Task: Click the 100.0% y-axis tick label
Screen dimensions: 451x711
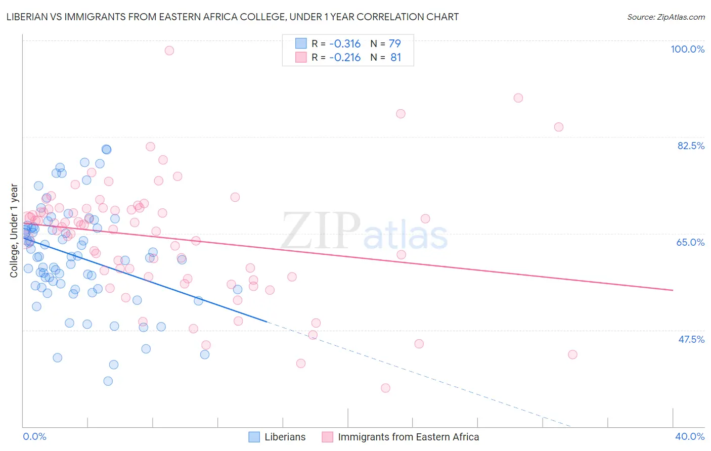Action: [687, 49]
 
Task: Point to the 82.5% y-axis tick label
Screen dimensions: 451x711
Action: [691, 146]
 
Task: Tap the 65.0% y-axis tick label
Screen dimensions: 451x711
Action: [690, 242]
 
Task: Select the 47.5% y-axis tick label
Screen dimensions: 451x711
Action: [691, 339]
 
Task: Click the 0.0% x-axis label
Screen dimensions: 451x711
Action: [34, 436]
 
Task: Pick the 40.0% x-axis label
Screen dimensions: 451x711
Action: [690, 436]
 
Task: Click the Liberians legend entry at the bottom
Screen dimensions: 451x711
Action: [285, 437]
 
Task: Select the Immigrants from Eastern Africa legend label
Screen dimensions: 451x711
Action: [408, 437]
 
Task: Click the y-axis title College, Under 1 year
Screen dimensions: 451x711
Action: [14, 231]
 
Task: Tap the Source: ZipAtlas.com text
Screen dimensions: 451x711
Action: [665, 17]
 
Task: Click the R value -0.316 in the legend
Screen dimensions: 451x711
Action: [345, 43]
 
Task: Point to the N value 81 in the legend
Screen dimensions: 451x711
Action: [395, 58]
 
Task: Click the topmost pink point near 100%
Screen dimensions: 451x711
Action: [169, 51]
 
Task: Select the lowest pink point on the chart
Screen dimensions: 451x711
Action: [385, 388]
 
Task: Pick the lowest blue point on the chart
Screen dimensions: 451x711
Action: [108, 381]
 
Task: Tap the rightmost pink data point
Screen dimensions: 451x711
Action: [572, 354]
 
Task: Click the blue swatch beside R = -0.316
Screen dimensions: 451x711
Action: [301, 43]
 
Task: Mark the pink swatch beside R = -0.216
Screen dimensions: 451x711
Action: [301, 58]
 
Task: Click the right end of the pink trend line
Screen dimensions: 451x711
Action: [673, 290]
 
